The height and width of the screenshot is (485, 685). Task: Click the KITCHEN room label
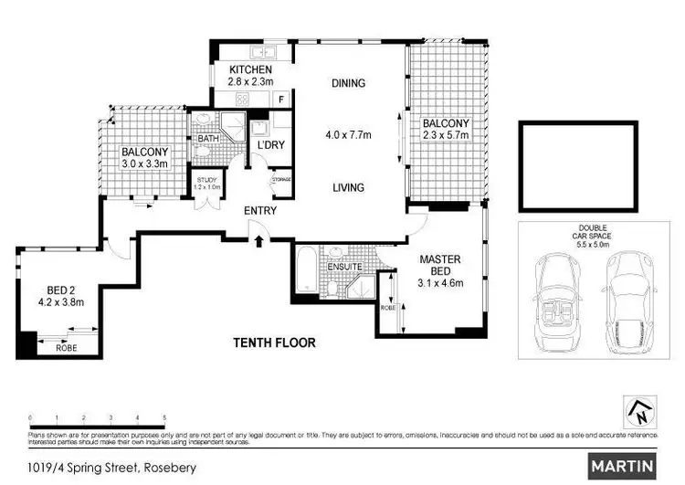coord(249,69)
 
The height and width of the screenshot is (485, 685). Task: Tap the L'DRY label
coord(269,145)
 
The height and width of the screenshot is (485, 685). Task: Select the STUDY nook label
coord(207,180)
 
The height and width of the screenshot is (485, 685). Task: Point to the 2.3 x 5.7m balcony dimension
coord(445,135)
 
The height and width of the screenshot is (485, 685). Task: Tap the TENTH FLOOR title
coord(273,343)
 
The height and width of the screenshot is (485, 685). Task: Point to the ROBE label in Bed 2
coord(66,347)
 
